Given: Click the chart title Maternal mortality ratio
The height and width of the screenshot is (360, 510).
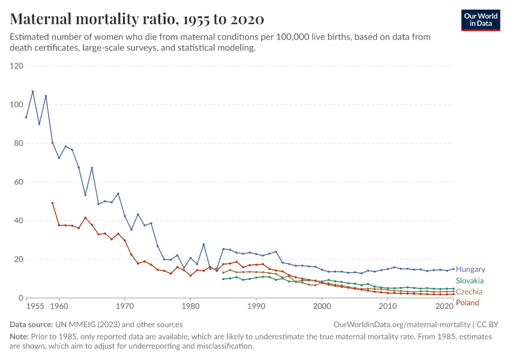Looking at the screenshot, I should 137,19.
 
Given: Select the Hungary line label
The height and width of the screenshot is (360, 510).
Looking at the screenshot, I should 470,269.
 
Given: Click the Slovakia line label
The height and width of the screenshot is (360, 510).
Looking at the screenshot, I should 470,281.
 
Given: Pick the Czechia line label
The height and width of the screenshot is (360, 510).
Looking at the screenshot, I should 469,292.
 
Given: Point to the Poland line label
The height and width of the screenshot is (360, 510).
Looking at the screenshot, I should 467,303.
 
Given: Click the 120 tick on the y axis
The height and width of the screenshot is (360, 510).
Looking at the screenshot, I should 16,66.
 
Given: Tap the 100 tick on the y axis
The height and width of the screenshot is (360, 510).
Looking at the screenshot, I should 16,104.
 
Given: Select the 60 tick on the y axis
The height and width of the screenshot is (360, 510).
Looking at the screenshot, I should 17,182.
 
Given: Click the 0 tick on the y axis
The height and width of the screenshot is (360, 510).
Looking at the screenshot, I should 20,298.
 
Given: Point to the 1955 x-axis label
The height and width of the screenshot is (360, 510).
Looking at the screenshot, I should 35,307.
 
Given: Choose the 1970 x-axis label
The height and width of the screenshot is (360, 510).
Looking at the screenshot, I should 125,307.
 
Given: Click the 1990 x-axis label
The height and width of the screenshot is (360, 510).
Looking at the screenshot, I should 256,307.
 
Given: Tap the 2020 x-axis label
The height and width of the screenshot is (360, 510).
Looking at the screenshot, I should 445,307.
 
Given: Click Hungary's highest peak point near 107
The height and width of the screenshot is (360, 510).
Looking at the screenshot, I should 33,92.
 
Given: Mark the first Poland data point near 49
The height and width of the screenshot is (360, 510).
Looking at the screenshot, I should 52,203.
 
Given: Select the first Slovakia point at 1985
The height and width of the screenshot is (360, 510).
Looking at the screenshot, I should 223,279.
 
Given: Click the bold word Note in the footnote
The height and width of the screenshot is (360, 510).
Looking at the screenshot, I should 19,337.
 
